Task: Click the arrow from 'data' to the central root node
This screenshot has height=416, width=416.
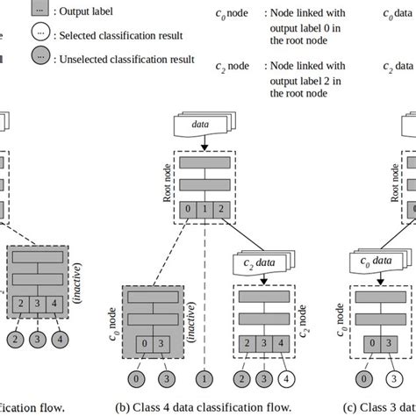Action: pos(204,143)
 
